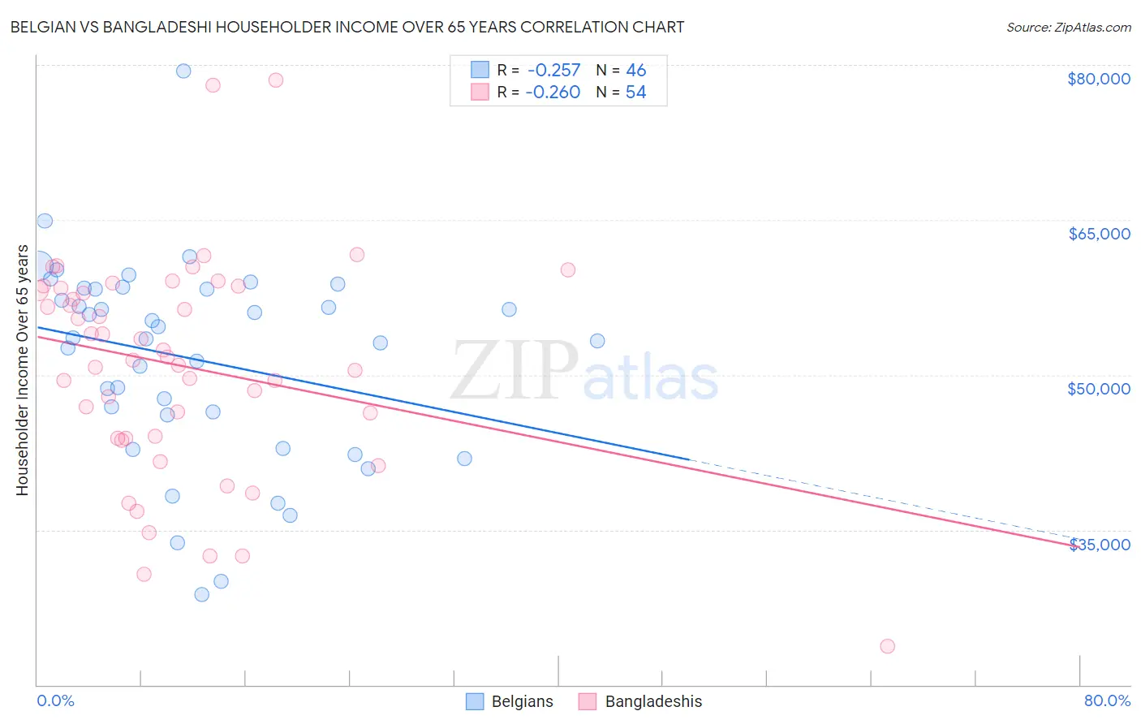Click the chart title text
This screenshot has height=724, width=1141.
[347, 27]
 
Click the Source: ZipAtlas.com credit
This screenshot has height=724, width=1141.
[1068, 27]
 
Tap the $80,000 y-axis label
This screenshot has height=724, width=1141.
[1098, 79]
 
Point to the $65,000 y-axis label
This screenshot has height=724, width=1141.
[1098, 234]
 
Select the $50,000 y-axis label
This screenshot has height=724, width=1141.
[1098, 389]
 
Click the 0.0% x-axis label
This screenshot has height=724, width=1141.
[55, 700]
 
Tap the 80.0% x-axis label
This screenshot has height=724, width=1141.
[1107, 700]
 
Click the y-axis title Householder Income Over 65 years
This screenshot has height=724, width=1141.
[23, 370]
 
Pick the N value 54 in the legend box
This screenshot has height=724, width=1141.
[635, 93]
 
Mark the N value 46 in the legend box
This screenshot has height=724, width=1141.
[635, 71]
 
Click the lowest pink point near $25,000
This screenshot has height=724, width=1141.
[887, 646]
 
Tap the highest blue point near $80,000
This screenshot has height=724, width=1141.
[183, 71]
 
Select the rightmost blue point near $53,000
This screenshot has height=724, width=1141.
[597, 341]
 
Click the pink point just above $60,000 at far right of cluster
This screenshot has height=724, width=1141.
[568, 269]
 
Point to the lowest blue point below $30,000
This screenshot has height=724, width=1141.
[202, 594]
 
